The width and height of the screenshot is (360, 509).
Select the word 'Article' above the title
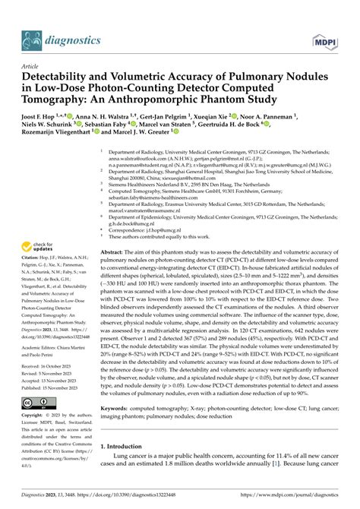[31, 66]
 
